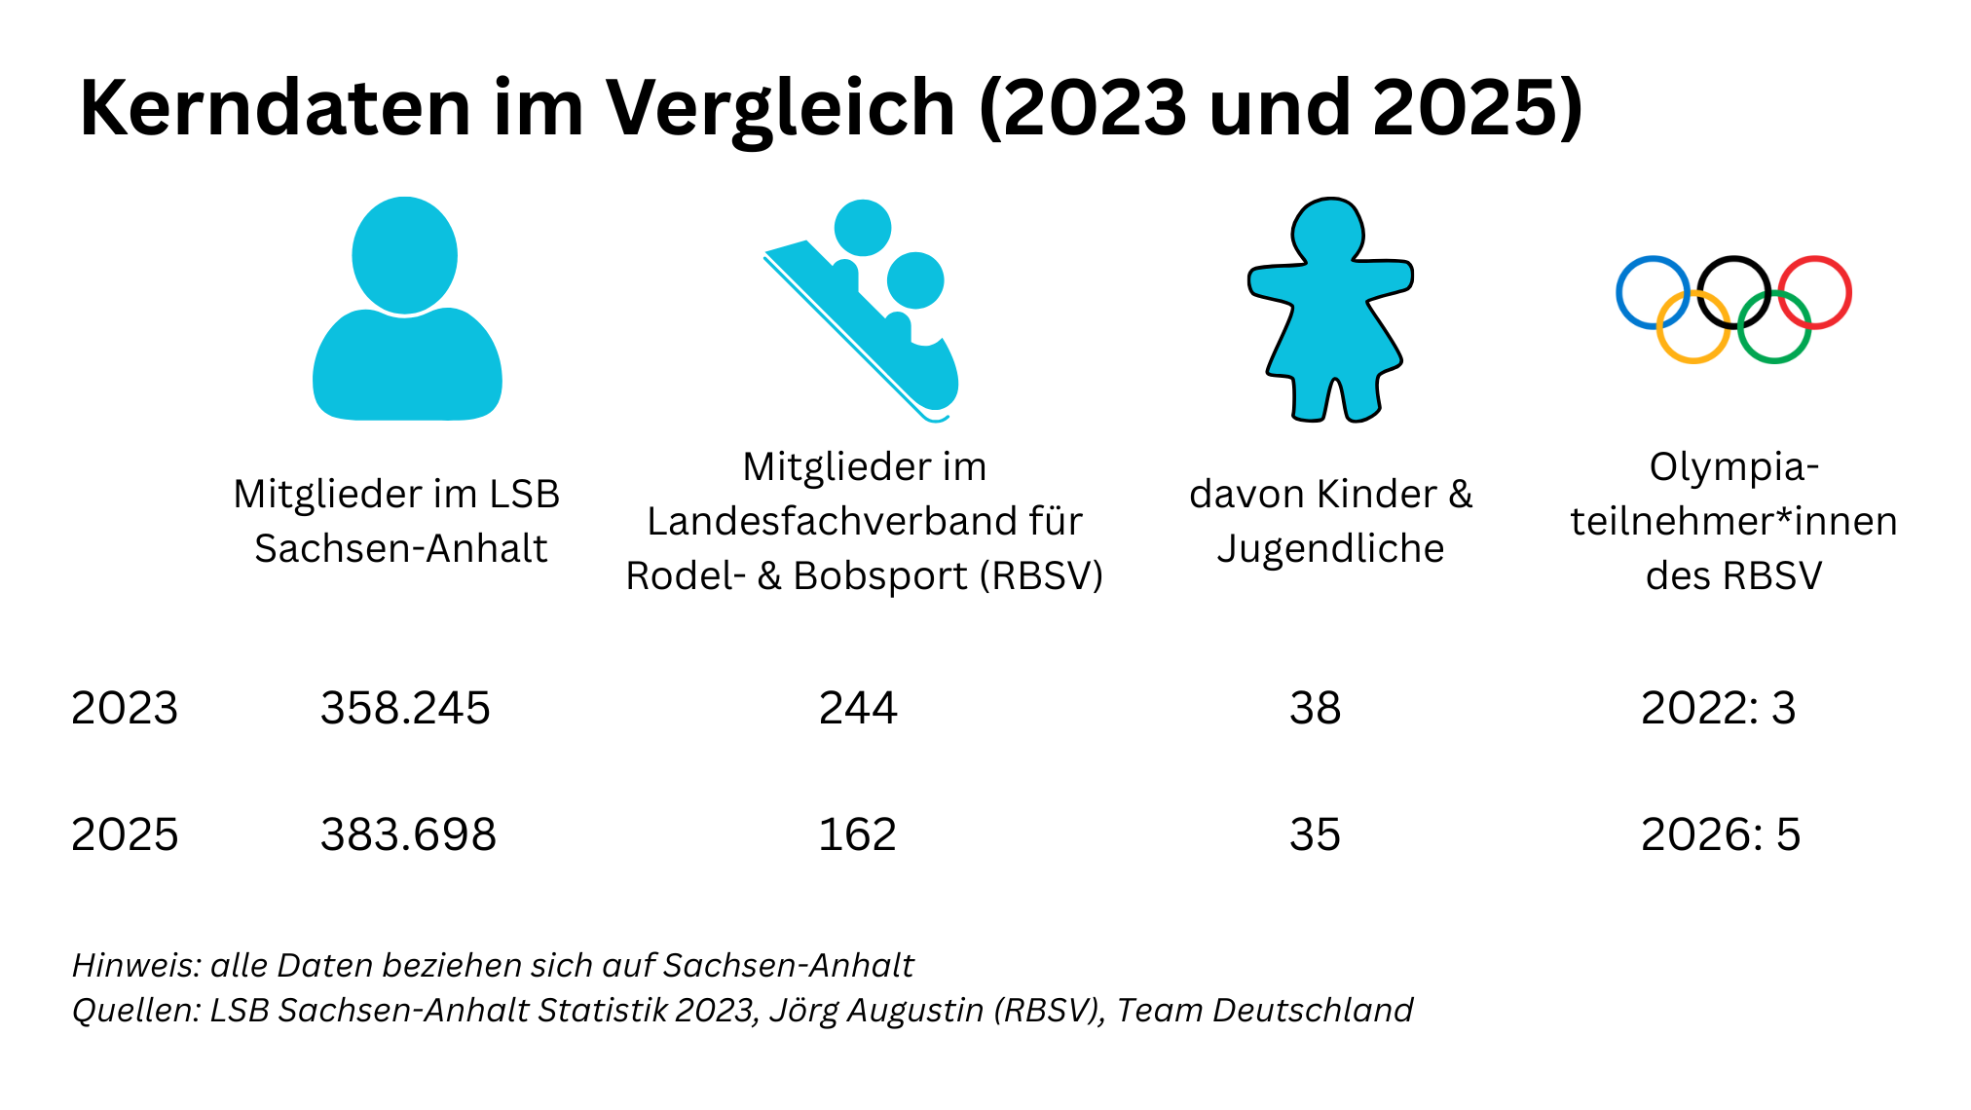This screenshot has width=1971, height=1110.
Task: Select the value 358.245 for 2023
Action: [405, 708]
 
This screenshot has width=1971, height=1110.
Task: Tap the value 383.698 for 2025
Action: [408, 834]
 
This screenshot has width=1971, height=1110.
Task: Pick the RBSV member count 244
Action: [858, 708]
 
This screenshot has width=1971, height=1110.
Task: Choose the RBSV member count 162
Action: [857, 834]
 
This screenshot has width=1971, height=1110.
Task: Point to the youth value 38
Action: [1315, 708]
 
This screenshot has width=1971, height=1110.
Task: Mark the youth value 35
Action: [1315, 834]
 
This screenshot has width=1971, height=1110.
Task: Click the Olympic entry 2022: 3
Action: [1718, 708]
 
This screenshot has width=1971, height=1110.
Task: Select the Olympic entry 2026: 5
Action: [1721, 834]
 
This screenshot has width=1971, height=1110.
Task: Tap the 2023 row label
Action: [125, 708]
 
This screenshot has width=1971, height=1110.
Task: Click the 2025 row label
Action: [125, 834]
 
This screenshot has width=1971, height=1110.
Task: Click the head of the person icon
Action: [404, 255]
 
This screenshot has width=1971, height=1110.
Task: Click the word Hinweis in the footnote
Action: [135, 965]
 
